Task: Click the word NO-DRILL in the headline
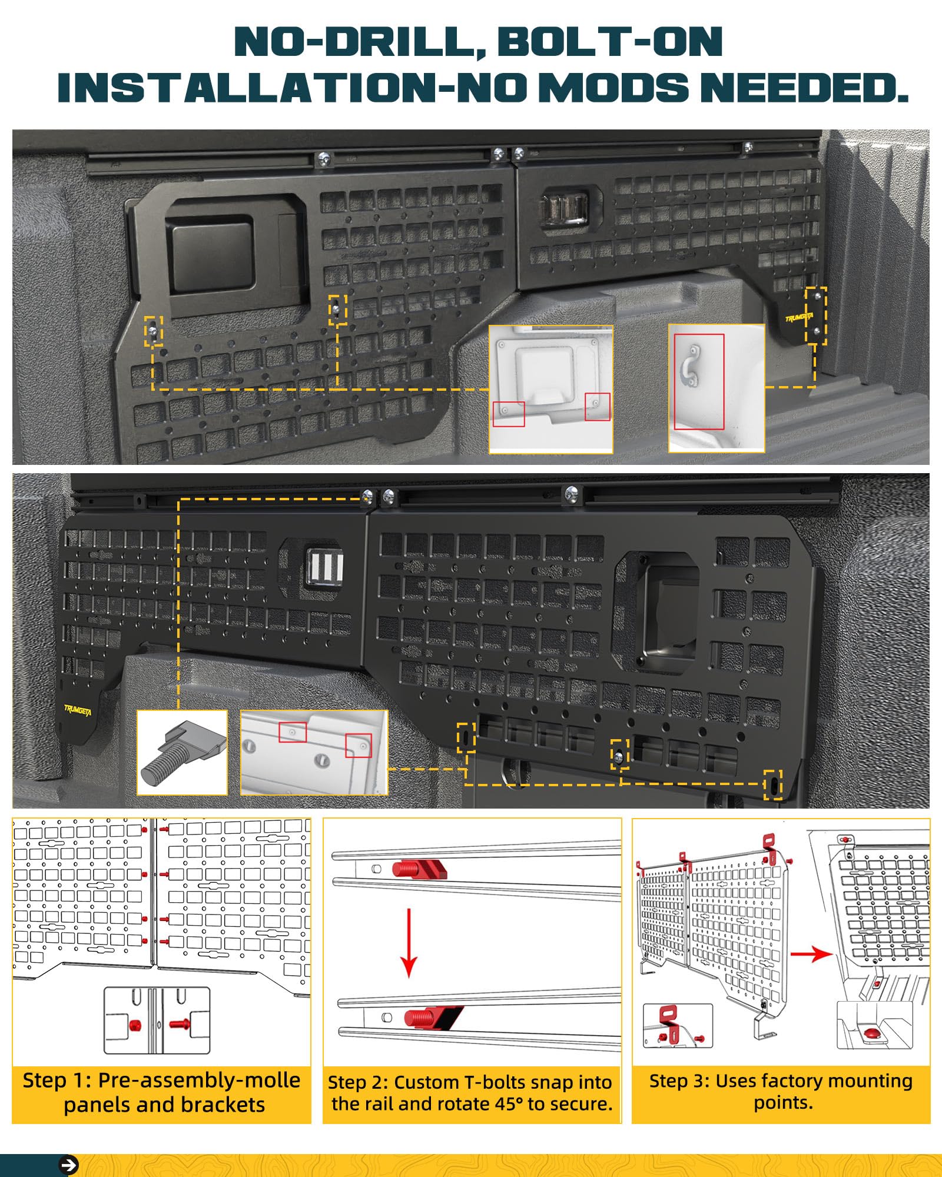(359, 42)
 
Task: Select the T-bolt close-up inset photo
(182, 753)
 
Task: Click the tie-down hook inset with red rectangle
(717, 388)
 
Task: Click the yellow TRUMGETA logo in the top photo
(799, 318)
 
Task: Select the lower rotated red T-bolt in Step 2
(433, 1018)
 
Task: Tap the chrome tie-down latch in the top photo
(564, 210)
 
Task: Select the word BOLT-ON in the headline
(610, 42)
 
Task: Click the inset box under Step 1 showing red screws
(157, 1020)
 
